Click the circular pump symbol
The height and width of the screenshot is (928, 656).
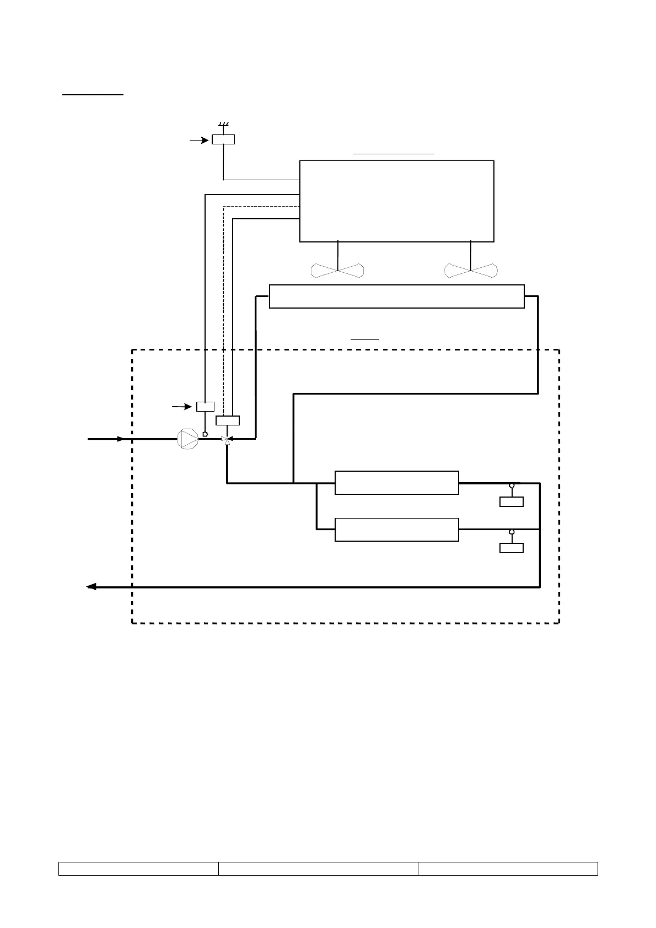(x=187, y=439)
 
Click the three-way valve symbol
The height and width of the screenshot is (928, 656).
(x=227, y=439)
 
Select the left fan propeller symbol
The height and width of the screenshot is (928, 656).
(x=337, y=271)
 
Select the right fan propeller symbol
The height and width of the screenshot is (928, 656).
(x=471, y=271)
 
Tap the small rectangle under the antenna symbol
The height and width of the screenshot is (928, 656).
(x=223, y=139)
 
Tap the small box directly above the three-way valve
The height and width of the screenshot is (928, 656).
(x=227, y=420)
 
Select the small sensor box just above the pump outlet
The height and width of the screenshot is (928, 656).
(x=205, y=407)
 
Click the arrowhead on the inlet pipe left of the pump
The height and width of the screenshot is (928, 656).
(x=121, y=439)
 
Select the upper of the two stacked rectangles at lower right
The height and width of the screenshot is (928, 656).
(x=397, y=483)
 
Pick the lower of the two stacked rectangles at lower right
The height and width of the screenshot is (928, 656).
(x=397, y=530)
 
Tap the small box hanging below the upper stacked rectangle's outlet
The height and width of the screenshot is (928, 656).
(x=511, y=501)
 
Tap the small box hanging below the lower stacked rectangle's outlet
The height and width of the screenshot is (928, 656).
(x=511, y=548)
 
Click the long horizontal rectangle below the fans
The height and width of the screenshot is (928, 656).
(x=396, y=296)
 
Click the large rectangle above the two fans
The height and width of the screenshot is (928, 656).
(x=396, y=201)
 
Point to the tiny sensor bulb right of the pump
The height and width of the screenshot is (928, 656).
(x=205, y=434)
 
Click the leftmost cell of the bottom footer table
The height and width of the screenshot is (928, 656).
(x=138, y=868)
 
